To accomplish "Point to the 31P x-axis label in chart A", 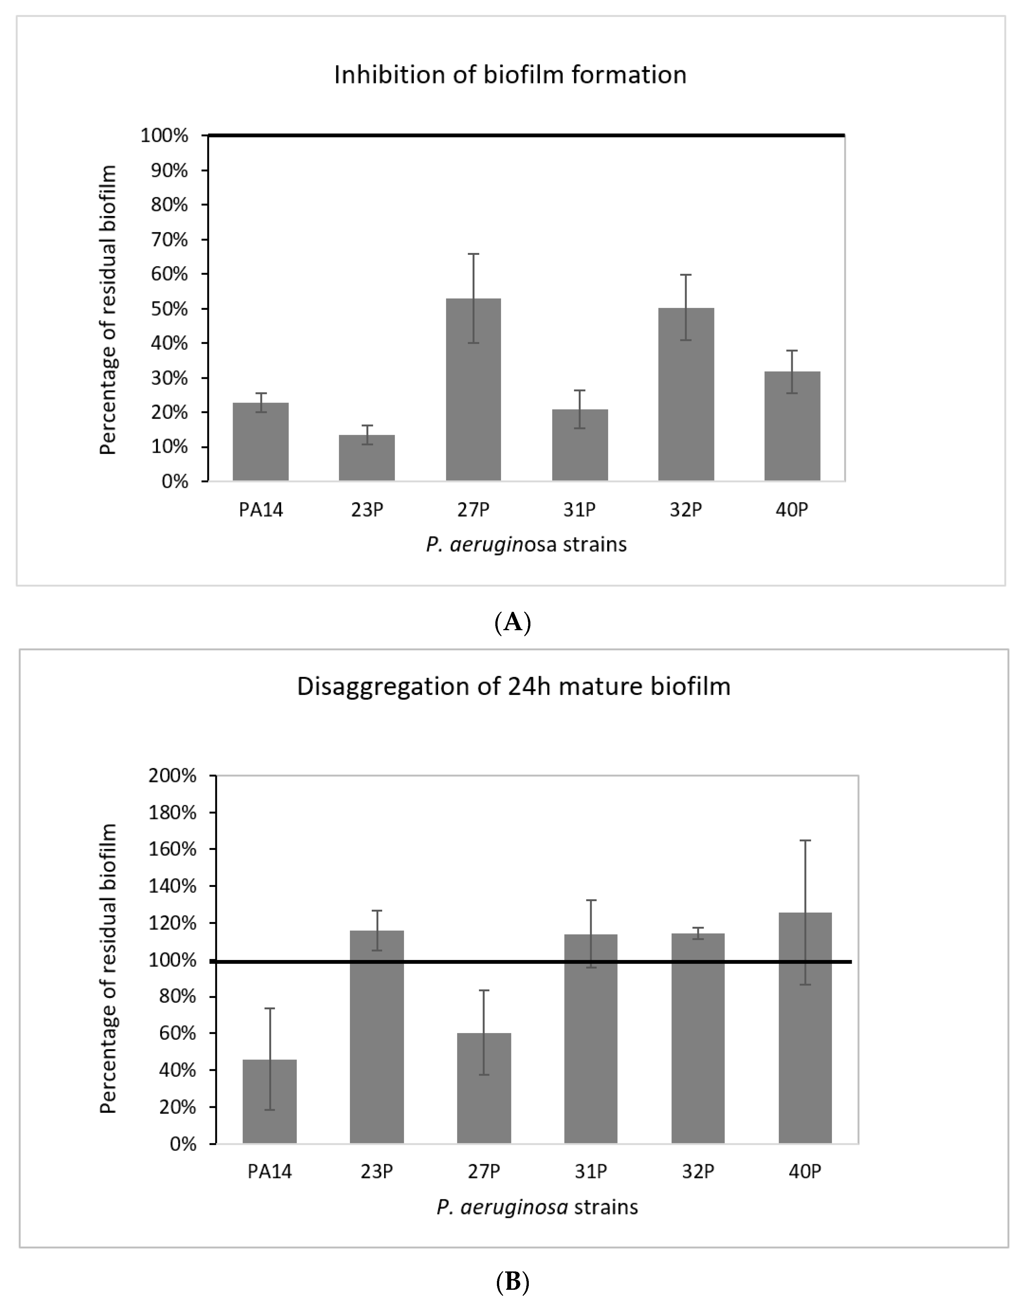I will (x=579, y=510).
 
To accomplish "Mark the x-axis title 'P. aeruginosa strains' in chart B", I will (x=537, y=1207).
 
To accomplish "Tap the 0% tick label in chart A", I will (x=174, y=481).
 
